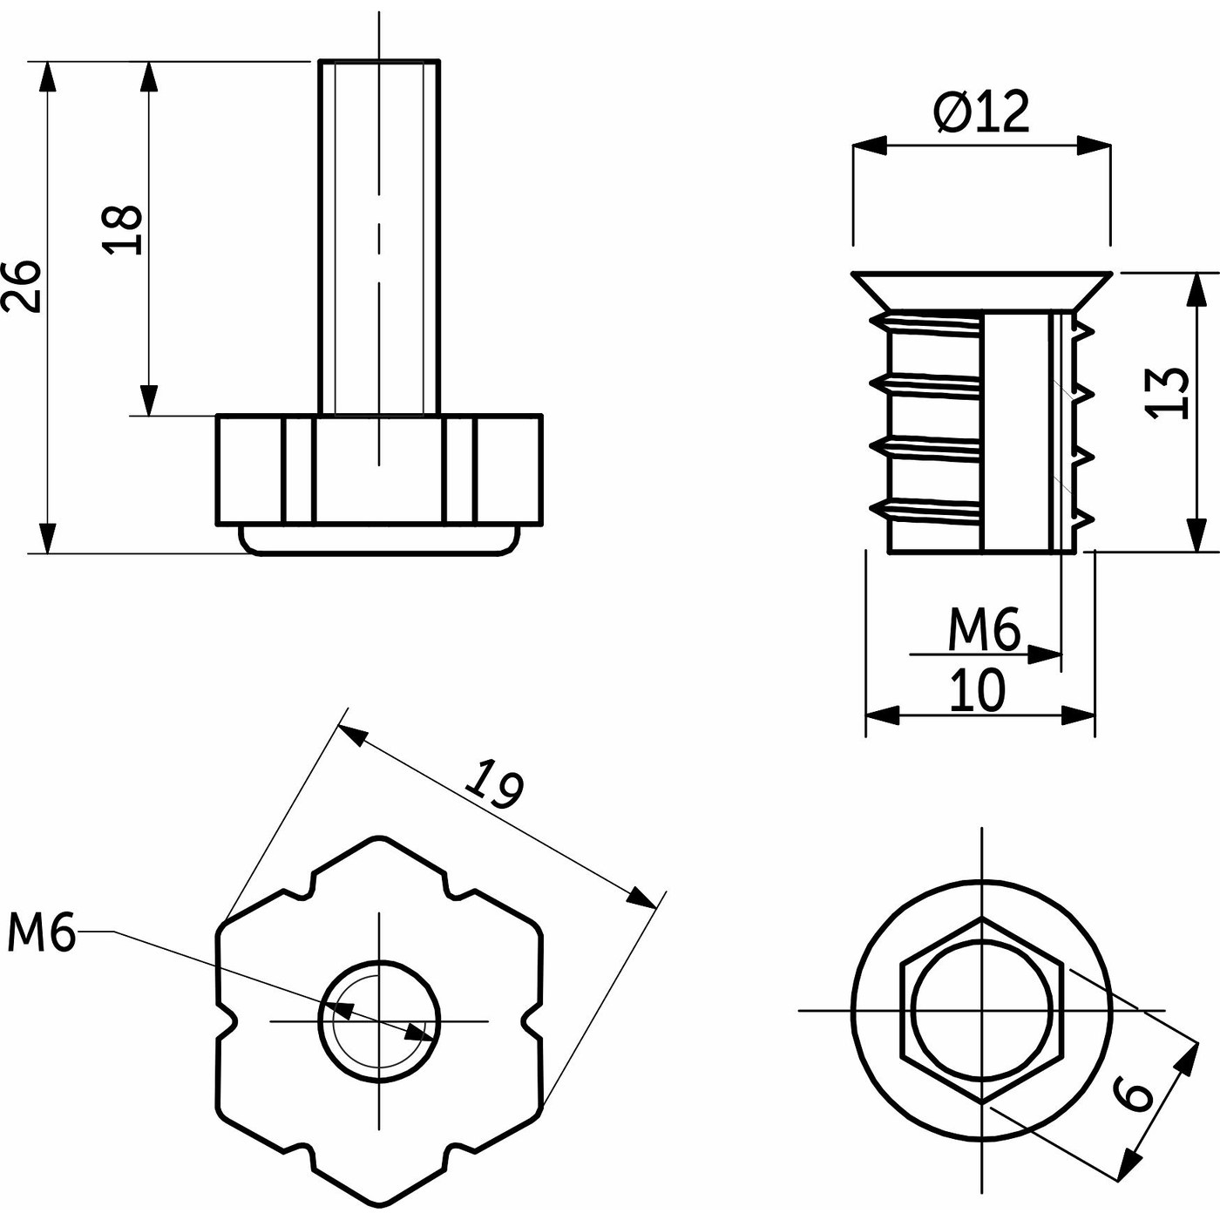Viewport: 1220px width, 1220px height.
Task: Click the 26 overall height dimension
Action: [23, 286]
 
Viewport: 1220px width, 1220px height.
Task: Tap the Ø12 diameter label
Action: [982, 112]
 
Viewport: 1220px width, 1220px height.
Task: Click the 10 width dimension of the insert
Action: [977, 690]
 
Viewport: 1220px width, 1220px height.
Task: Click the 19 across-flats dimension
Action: [494, 784]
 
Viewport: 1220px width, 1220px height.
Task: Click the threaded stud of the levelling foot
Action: [379, 235]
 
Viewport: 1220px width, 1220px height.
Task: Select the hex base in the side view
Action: [379, 471]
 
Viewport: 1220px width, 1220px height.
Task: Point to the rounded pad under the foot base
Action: [379, 539]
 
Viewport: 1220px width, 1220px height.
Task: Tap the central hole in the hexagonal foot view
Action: [379, 1020]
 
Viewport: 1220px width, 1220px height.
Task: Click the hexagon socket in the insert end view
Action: [982, 1010]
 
